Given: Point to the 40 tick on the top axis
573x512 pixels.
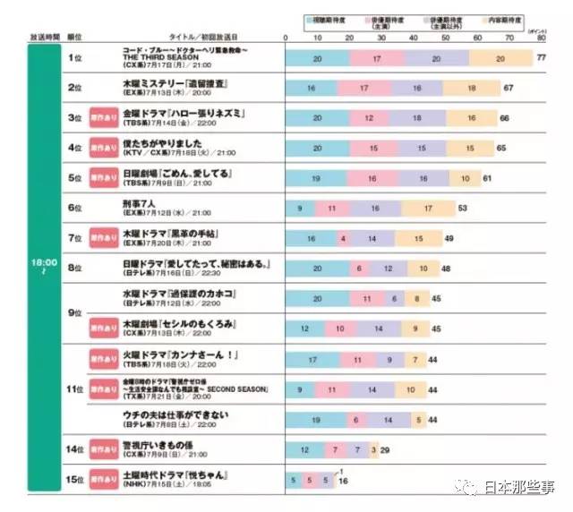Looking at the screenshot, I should tap(414, 38).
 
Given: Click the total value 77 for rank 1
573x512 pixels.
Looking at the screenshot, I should tap(541, 58).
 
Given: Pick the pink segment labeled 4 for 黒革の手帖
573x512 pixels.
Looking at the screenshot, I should tap(343, 239).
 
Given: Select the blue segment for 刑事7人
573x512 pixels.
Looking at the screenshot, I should tap(300, 209).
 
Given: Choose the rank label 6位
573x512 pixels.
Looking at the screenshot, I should tap(75, 208).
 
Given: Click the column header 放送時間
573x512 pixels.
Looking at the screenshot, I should tap(44, 38).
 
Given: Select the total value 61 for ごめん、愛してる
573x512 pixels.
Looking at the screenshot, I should tap(487, 179).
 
